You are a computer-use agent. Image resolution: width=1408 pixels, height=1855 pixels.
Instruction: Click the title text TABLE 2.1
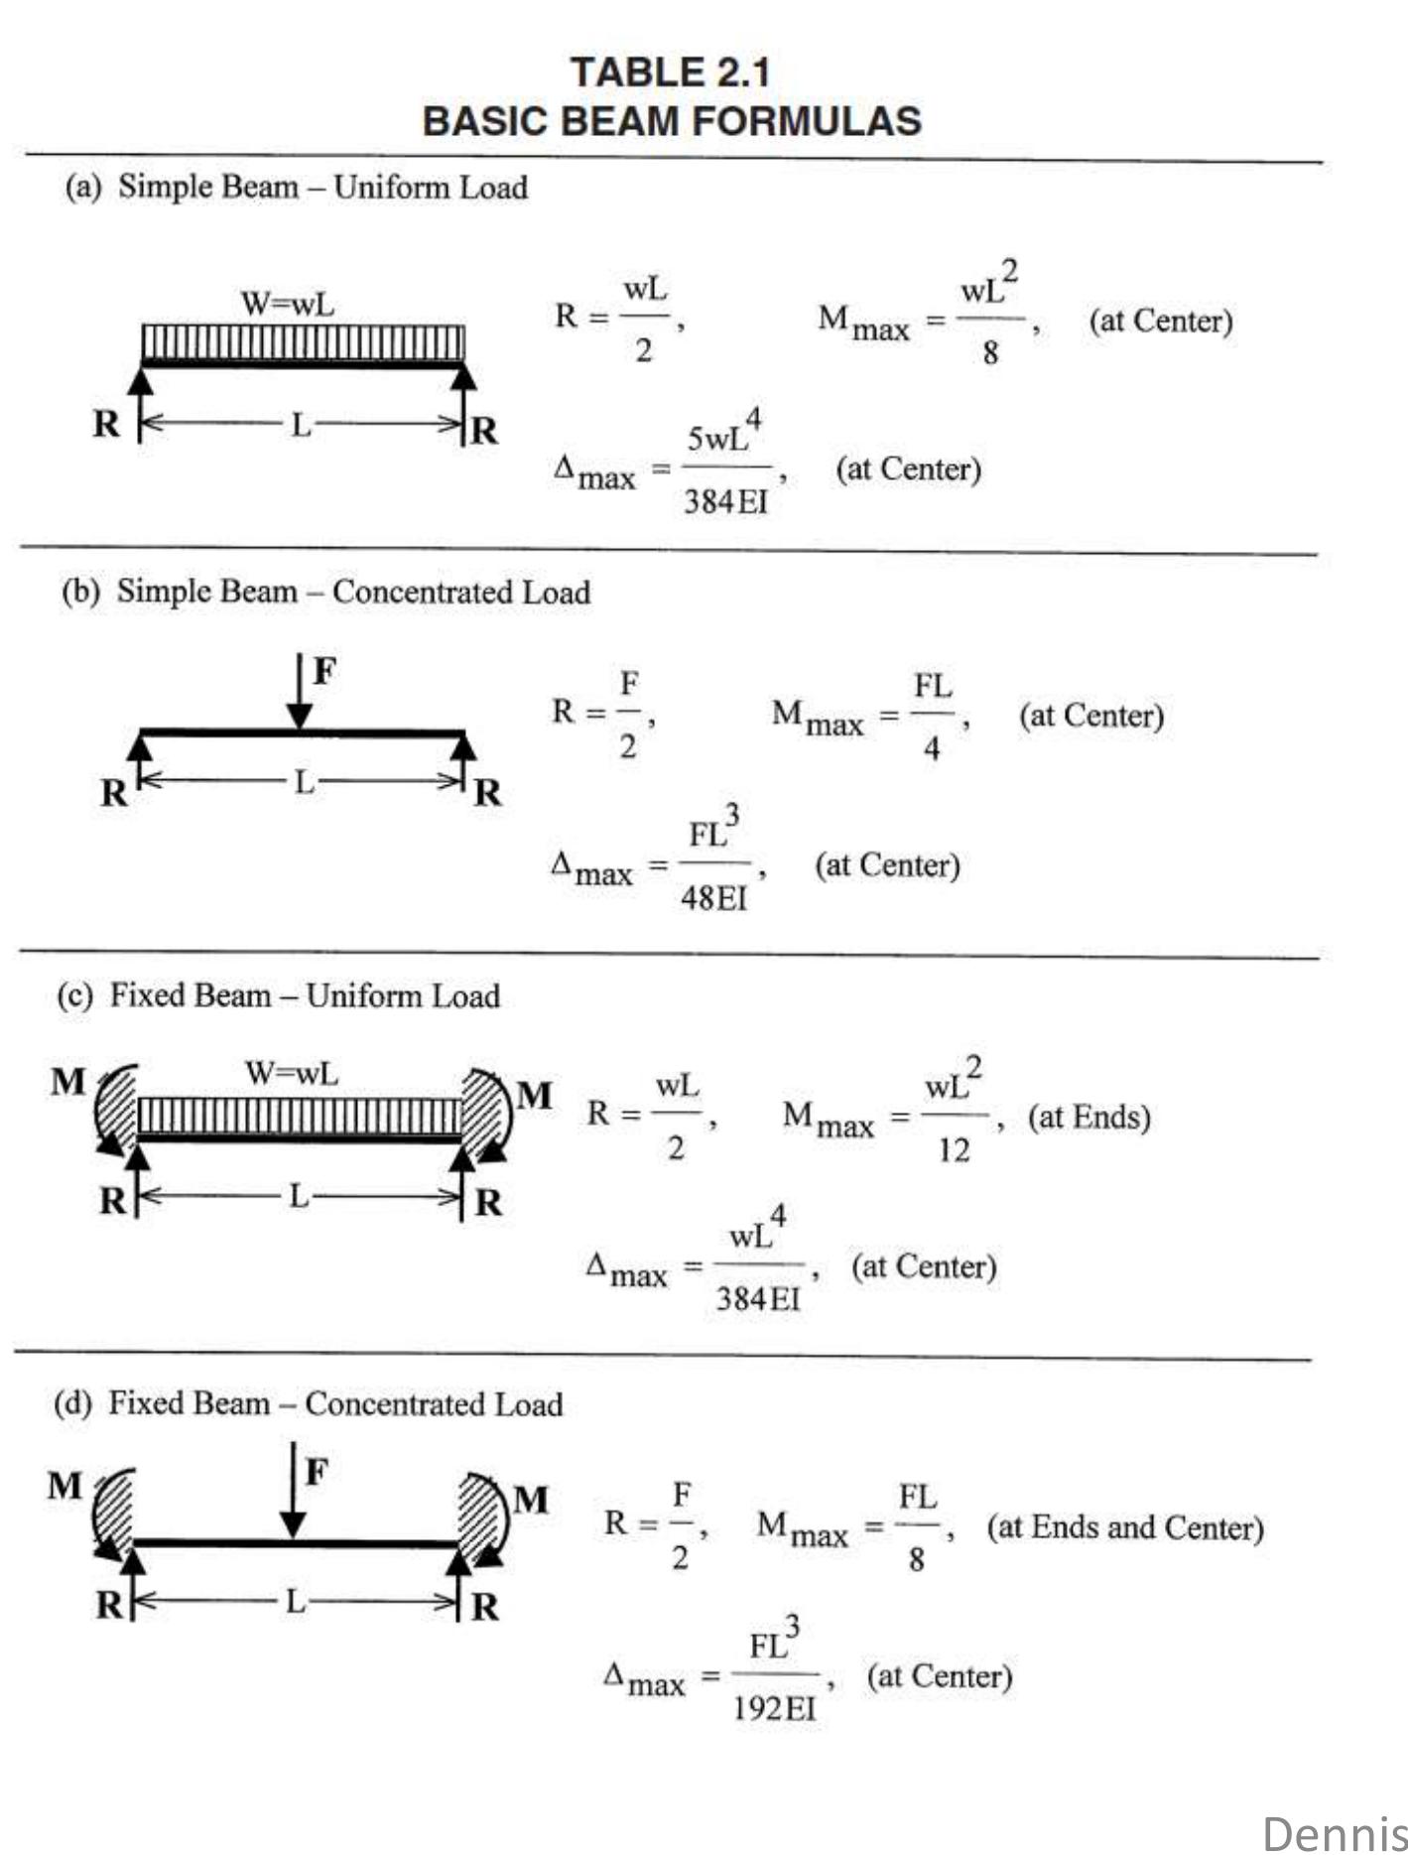pos(670,72)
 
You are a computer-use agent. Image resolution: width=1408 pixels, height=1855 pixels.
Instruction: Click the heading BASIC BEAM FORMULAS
pos(672,121)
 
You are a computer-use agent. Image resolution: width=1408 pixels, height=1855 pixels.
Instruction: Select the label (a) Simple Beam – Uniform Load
pos(296,187)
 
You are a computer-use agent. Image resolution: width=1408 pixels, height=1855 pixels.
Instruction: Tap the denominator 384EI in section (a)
pos(725,502)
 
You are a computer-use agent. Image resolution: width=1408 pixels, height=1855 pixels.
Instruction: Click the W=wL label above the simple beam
pos(288,303)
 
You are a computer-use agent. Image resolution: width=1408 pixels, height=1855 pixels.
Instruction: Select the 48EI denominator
pos(713,898)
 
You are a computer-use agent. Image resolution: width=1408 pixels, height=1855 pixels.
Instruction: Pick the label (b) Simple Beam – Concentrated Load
pos(325,592)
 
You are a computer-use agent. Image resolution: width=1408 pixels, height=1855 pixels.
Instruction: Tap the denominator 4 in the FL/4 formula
pos(931,747)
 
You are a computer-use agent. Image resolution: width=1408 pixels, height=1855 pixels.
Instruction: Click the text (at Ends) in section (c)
pos(1088,1118)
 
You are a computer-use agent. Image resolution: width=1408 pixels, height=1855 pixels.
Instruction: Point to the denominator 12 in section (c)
pos(954,1150)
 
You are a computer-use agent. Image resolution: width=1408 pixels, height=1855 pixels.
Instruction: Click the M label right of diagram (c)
pos(534,1096)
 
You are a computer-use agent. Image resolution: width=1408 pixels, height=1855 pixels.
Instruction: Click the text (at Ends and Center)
pos(1124,1527)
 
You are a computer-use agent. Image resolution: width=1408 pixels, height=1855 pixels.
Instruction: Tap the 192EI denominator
pos(774,1708)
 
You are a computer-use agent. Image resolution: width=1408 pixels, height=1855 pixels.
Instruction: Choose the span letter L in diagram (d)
pos(295,1601)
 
